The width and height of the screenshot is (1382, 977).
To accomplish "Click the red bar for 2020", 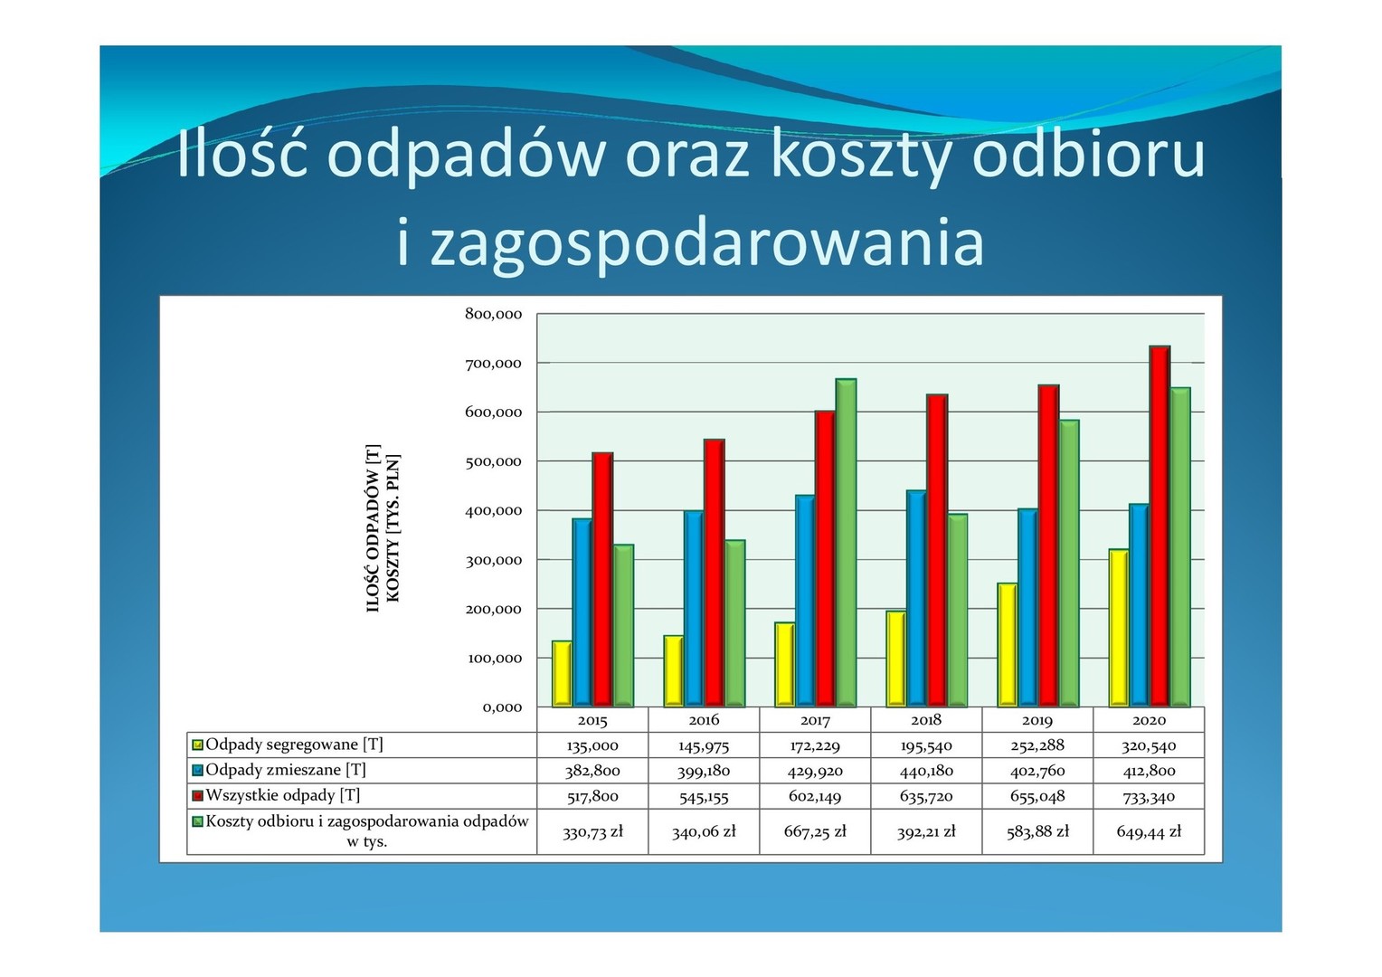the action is (1160, 526).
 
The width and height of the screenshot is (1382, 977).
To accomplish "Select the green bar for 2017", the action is (846, 543).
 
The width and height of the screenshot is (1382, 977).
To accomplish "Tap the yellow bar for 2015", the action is (562, 673).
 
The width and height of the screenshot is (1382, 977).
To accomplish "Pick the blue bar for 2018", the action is (916, 599).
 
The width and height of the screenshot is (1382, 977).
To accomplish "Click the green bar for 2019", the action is (1069, 564).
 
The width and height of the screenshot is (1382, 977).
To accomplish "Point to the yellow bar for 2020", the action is (1119, 628).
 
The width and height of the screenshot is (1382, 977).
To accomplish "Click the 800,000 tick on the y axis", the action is (494, 314).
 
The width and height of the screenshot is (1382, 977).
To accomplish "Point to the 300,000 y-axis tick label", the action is (494, 560).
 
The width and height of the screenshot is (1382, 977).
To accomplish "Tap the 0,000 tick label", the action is (502, 707).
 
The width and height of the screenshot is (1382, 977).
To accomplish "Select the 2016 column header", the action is (704, 720).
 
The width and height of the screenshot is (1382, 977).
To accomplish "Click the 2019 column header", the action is (1037, 720).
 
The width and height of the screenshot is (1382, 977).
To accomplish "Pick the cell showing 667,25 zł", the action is (815, 831).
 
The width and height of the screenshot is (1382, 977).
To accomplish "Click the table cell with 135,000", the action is (592, 745).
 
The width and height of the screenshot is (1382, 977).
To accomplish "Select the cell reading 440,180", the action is (926, 771).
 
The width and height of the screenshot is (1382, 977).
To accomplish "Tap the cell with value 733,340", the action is (1149, 796).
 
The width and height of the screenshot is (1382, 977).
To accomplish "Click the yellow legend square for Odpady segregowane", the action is (197, 745).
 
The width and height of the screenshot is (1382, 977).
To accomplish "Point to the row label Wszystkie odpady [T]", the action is (283, 795).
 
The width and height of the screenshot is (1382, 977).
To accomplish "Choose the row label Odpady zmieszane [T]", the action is (286, 770).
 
